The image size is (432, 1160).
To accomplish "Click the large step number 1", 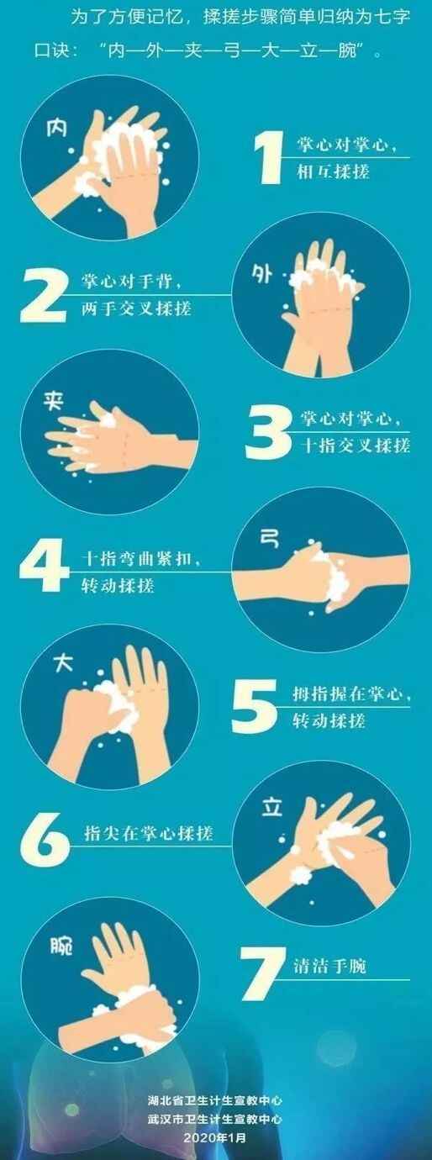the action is [x=269, y=157].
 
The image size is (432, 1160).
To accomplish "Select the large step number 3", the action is [x=268, y=433].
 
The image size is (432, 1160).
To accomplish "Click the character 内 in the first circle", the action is [x=56, y=126].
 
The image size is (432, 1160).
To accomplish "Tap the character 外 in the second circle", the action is [x=261, y=273].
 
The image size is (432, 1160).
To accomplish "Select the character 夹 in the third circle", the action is [x=53, y=400].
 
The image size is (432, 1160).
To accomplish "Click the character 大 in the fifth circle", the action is [x=64, y=662].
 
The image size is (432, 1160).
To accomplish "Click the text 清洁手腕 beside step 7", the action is [x=330, y=967].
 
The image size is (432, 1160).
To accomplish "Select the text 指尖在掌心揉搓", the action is [x=149, y=833].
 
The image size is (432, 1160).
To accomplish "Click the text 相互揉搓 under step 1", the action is [x=333, y=171].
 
